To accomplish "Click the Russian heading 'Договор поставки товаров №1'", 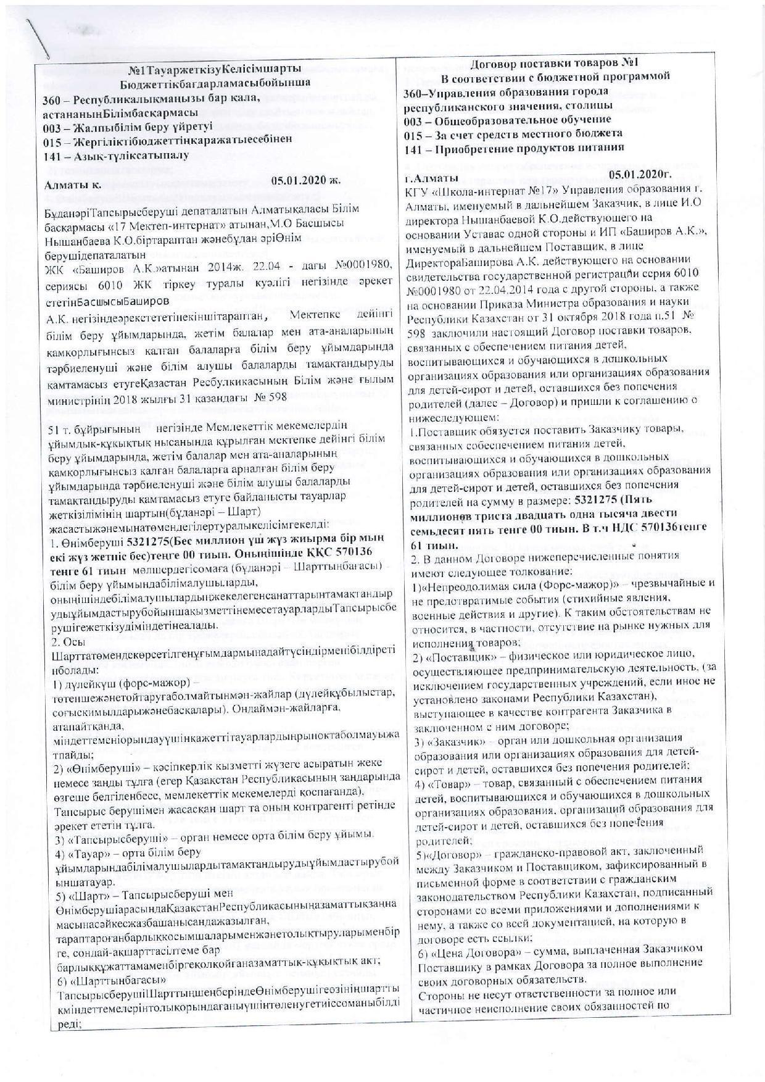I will click(556, 63).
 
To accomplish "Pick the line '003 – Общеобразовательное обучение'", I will click(507, 119).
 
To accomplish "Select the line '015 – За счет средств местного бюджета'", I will click(513, 133).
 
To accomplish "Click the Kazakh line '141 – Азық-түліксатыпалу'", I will click(117, 156).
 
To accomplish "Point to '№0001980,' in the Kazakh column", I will click(363, 265).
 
